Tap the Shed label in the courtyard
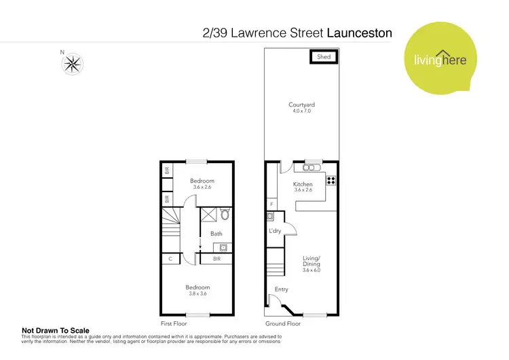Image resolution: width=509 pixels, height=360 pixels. coord(324,57)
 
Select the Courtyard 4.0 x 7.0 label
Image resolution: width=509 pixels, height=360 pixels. coord(301,108)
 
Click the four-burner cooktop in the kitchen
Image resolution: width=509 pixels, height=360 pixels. coord(331,180)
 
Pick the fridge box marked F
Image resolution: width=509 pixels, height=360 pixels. coord(271,204)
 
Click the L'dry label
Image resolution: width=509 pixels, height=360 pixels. coord(276,232)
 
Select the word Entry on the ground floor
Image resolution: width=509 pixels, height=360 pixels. coord(281,289)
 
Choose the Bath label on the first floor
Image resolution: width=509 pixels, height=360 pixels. coord(216,234)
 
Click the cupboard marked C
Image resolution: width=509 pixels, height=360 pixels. coord(170,259)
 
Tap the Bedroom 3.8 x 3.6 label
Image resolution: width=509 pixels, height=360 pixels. coord(198,291)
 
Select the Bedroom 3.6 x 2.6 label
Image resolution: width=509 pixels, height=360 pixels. coord(202,184)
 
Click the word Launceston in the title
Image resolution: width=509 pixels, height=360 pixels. coord(360,32)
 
